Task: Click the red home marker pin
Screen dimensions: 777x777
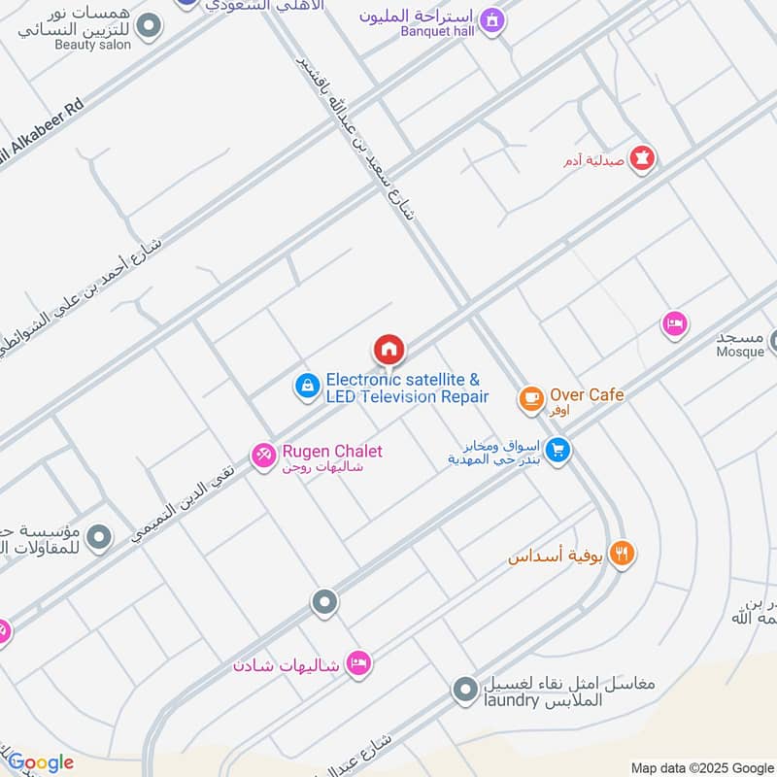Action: tap(388, 349)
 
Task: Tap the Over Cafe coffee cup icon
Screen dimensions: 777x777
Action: tap(530, 397)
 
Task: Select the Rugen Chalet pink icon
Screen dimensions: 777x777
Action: tap(263, 455)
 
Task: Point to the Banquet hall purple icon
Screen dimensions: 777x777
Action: tap(492, 19)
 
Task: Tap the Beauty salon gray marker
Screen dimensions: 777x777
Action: tap(148, 26)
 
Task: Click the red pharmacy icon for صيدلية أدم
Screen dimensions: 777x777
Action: tap(641, 157)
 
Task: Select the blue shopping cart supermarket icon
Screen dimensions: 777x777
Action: tap(557, 451)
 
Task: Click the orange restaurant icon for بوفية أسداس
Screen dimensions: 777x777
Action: tap(623, 554)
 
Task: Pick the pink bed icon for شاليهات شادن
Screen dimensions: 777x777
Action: tap(358, 663)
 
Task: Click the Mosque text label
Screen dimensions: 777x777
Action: tap(740, 352)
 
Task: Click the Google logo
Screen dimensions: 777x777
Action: tap(40, 762)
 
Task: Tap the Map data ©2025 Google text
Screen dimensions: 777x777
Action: tap(701, 767)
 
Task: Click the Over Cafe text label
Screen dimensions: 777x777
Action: tap(587, 394)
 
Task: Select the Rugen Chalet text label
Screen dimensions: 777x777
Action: tap(332, 452)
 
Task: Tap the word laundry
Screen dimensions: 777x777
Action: tap(507, 700)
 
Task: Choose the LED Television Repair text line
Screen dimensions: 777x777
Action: tap(407, 397)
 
